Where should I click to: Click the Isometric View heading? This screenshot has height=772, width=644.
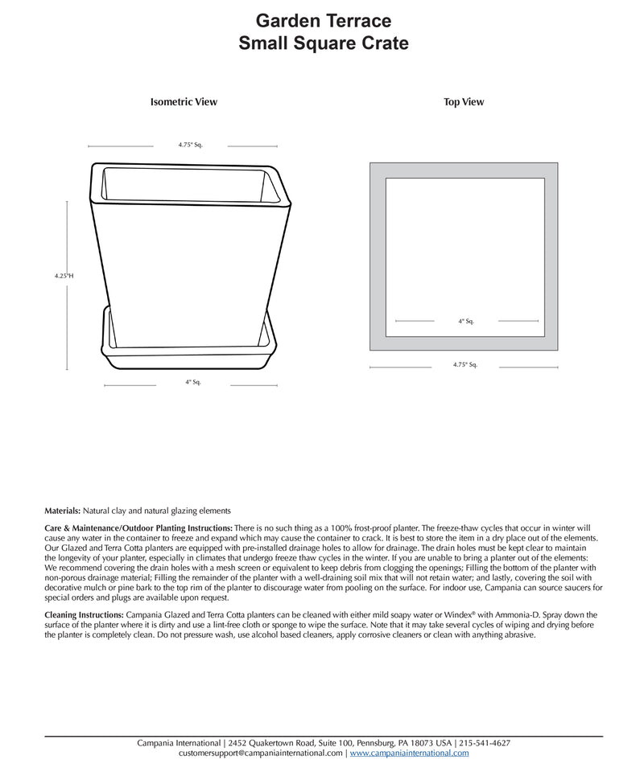tap(184, 102)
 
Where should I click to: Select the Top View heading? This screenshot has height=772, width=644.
tap(464, 102)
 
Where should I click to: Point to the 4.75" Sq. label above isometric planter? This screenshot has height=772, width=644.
tap(190, 146)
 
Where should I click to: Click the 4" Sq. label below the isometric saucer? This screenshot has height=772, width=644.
tap(192, 382)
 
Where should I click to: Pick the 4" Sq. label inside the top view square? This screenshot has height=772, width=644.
tap(466, 321)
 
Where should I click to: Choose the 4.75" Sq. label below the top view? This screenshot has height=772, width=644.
tap(465, 364)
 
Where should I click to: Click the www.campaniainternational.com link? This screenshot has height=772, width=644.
tap(409, 754)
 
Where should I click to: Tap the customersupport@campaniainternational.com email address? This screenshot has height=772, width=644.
tap(261, 754)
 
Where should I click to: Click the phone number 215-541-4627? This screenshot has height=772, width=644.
tap(485, 743)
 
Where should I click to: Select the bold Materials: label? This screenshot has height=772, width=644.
tap(63, 510)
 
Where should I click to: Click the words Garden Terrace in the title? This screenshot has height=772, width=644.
tap(324, 20)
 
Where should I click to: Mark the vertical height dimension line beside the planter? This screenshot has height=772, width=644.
tap(68, 241)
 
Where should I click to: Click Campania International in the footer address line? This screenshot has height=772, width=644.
tap(180, 743)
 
